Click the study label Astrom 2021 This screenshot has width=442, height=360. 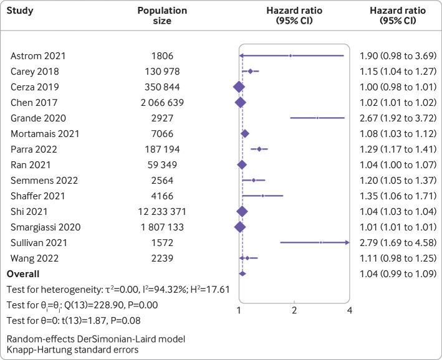pyautogui.click(x=38, y=56)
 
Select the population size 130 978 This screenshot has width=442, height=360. pyautogui.click(x=162, y=72)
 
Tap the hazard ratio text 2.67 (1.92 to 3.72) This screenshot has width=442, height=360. pyautogui.click(x=397, y=118)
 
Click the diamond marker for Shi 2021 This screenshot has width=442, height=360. pyautogui.click(x=242, y=212)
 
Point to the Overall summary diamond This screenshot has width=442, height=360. pyautogui.click(x=243, y=273)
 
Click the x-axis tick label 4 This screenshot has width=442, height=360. pyautogui.click(x=349, y=310)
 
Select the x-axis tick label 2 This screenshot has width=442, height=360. pyautogui.click(x=294, y=310)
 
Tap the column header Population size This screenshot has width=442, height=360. pyautogui.click(x=162, y=16)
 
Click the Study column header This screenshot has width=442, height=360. pyautogui.click(x=22, y=11)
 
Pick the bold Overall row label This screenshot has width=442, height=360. pyautogui.click(x=23, y=274)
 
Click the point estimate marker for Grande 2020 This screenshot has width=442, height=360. pyautogui.click(x=317, y=118)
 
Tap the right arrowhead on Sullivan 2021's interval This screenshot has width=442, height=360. pyautogui.click(x=347, y=243)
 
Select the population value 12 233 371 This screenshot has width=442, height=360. pyautogui.click(x=162, y=212)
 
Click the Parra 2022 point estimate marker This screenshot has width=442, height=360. pyautogui.click(x=259, y=149)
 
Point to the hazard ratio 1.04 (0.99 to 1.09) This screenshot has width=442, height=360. pyautogui.click(x=397, y=274)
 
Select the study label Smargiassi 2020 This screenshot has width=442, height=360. pyautogui.click(x=46, y=227)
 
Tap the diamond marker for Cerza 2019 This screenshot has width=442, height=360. pyautogui.click(x=238, y=87)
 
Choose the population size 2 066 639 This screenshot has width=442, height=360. pyautogui.click(x=162, y=103)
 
